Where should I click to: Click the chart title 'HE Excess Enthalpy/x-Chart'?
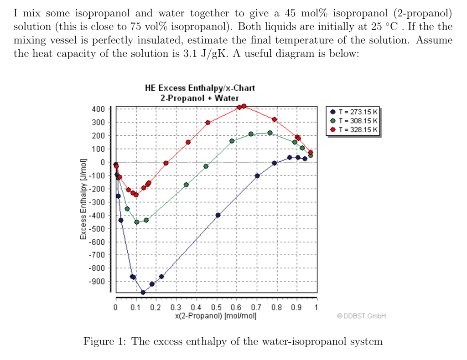tap(200, 88)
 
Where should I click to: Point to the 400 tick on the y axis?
tap(98, 109)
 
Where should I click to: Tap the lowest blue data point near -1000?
tap(143, 293)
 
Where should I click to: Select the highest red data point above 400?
tap(244, 106)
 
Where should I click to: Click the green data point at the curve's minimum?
tap(136, 222)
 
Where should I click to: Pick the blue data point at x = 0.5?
tap(218, 215)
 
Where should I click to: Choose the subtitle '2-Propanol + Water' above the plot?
tap(200, 98)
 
